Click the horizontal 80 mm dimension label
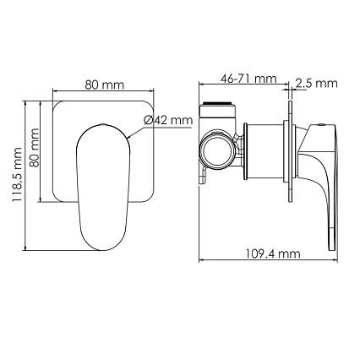pos(105,85)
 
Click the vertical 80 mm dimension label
pos(35,148)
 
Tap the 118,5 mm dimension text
pos(17,175)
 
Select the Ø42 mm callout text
pos(168,121)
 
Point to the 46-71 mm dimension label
pos(248,79)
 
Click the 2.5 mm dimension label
pos(317,84)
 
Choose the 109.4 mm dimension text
pos(273,254)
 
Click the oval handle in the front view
pos(103,187)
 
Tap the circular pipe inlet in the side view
pos(216,150)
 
